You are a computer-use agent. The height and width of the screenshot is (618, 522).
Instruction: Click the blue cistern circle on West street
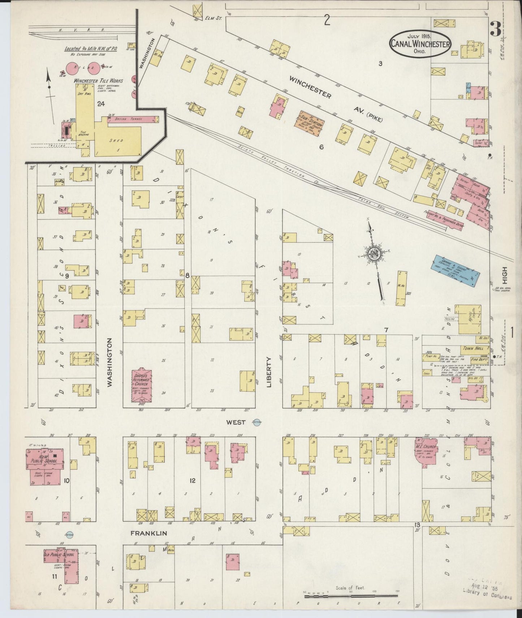tap(256, 422)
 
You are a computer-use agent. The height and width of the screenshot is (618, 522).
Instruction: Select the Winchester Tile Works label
tap(98, 81)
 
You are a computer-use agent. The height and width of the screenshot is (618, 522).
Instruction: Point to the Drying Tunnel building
tap(133, 119)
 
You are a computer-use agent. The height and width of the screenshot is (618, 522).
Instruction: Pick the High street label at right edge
tap(505, 275)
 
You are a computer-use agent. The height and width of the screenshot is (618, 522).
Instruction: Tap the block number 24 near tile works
tap(101, 104)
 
